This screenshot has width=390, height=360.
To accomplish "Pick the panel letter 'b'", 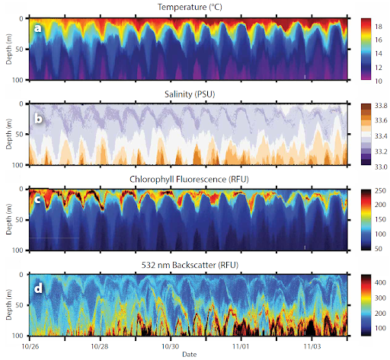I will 37,119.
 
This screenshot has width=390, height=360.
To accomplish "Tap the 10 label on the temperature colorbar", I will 377,79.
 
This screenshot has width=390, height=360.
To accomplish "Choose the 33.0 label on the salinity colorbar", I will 379,164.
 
